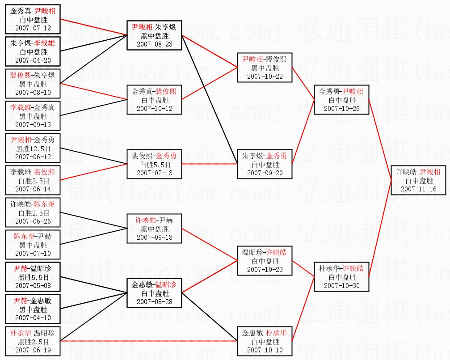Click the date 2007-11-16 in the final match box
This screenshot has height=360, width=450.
[418, 189]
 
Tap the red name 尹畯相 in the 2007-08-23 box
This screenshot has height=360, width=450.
[142, 27]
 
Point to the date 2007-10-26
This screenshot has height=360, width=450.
[341, 109]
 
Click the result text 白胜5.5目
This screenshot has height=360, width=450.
[155, 165]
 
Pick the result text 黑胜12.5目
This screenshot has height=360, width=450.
[33, 148]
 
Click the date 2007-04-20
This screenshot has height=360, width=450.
[33, 60]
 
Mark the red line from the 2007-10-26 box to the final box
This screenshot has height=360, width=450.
[380, 140]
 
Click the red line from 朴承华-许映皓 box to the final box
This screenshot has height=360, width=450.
[380, 229]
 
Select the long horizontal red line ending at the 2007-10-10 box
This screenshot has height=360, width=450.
[149, 341]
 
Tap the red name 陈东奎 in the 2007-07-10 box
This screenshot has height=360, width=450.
[24, 237]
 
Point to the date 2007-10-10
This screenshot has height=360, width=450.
[265, 350]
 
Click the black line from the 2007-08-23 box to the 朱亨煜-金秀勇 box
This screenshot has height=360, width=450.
[210, 100]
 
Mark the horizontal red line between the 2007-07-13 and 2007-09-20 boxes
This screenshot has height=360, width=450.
[210, 164]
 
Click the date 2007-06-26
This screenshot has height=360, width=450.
[33, 221]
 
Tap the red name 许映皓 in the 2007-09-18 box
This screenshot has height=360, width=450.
[146, 220]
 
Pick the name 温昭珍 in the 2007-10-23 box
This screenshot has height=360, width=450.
[252, 253]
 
